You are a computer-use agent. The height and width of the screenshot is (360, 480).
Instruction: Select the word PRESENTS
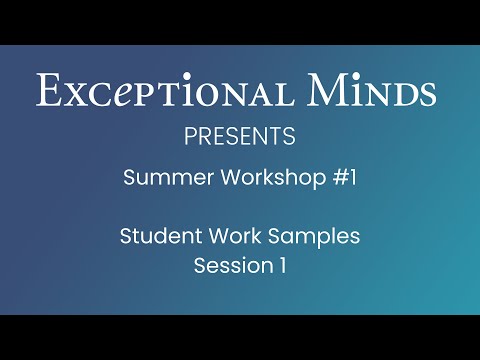[239, 135]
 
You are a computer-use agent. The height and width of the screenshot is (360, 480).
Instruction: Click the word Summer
[158, 179]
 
